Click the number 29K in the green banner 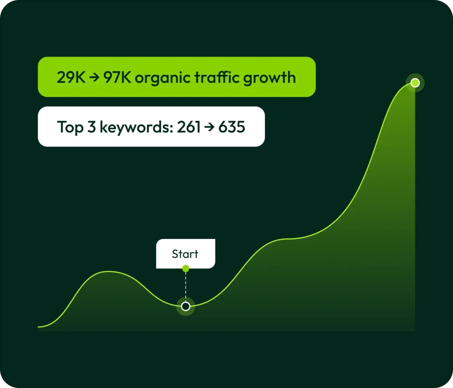71,77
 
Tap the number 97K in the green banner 117,77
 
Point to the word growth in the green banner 269,78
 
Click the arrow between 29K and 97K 94,77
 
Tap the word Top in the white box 70,127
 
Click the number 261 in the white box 188,127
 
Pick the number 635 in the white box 232,127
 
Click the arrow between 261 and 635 209,127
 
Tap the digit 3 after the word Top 92,127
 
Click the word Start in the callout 185,254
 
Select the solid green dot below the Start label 186,269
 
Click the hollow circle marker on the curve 186,306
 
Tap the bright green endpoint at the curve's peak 415,83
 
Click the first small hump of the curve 108,271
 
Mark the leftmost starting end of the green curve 38,327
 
